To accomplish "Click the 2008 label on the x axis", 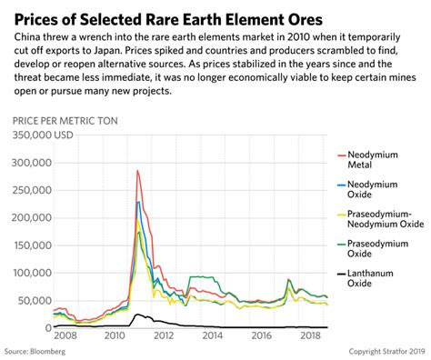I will point(66,336).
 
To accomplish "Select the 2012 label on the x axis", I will point(163,336).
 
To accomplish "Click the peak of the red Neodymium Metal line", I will point(137,170).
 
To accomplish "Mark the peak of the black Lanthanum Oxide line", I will point(138,314).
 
